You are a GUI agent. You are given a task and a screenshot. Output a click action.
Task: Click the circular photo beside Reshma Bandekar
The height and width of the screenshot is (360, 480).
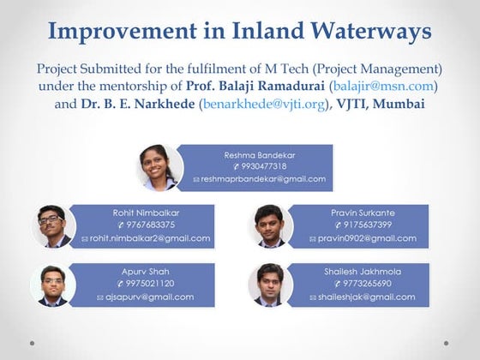160,168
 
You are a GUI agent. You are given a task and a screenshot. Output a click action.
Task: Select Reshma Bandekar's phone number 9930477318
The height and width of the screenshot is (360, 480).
263,166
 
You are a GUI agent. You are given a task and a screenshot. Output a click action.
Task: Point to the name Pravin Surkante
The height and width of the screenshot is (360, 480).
362,212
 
